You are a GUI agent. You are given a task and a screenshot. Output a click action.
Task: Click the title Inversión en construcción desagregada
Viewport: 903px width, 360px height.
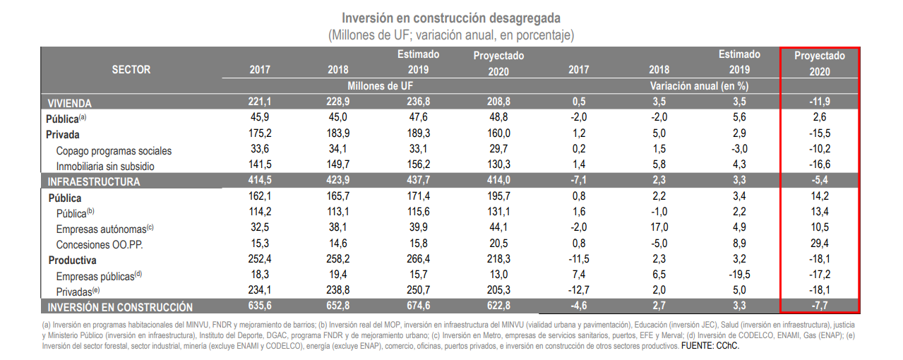(x=451, y=18)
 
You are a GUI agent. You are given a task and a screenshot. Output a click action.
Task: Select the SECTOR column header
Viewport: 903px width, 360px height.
(x=131, y=70)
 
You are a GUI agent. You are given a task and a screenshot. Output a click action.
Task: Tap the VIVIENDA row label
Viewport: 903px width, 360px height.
(x=70, y=103)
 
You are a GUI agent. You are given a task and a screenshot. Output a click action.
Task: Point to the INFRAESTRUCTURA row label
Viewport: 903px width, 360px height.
(x=94, y=181)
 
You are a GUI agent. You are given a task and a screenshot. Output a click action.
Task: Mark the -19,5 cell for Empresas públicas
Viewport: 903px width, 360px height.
(x=738, y=275)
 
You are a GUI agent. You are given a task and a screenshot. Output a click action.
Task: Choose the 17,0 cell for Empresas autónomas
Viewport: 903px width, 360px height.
(x=659, y=228)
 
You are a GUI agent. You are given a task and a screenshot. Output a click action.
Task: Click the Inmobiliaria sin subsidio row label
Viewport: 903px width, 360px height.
(x=105, y=166)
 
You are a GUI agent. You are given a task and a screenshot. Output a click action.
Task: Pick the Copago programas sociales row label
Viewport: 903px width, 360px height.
(x=114, y=150)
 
